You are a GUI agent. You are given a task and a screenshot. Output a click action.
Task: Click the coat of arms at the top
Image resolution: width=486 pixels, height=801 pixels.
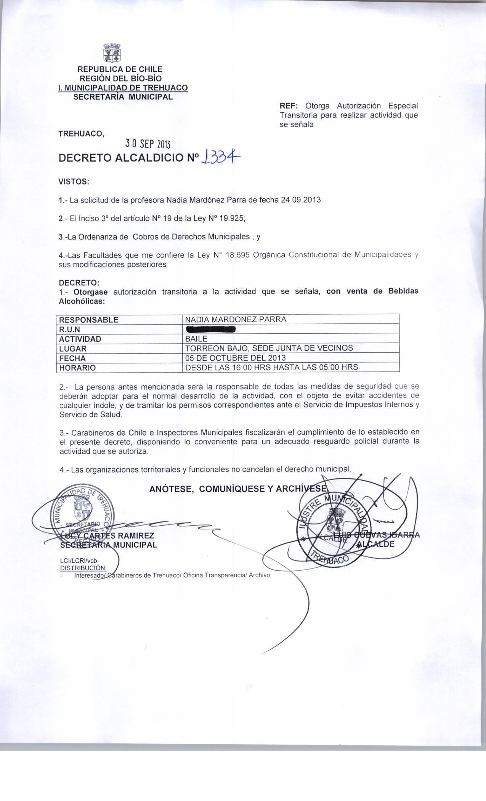113,53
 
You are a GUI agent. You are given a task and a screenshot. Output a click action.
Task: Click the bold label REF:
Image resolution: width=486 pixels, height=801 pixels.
288,106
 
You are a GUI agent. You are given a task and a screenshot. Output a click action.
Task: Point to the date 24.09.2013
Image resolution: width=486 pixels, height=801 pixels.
300,200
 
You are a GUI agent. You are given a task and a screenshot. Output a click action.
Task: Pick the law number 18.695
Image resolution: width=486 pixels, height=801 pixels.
238,255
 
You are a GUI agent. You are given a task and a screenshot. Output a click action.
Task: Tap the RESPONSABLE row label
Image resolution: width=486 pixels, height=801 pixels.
89,320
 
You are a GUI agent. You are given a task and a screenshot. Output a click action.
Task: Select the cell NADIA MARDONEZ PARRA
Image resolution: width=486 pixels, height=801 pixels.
236,319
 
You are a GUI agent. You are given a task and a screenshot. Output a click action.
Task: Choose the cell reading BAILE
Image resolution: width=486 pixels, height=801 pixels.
196,338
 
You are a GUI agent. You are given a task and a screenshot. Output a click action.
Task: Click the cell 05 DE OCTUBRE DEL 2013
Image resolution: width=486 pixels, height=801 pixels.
235,358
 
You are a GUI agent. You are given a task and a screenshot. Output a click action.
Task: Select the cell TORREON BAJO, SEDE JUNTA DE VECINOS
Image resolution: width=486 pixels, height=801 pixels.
269,348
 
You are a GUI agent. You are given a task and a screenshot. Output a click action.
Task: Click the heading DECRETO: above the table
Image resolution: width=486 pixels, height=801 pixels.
79,283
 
